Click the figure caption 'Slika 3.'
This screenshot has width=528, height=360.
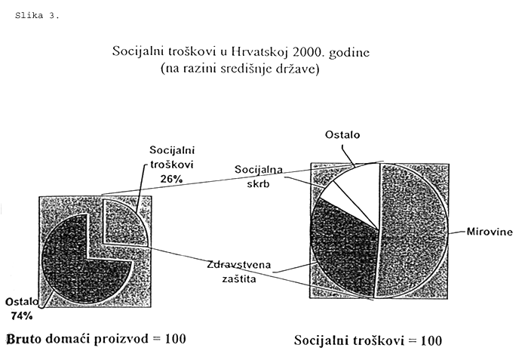point(37,16)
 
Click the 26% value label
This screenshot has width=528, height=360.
point(171,179)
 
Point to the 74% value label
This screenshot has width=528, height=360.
point(22,315)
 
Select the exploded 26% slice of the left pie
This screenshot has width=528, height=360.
point(123,223)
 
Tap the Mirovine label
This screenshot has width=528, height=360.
point(490,232)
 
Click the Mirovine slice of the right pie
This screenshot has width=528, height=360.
point(413,231)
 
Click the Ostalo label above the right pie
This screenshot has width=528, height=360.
point(342,135)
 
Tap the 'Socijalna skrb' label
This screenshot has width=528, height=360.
point(259,177)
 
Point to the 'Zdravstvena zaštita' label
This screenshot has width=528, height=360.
point(239,272)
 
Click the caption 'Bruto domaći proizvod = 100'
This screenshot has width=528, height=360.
point(97,339)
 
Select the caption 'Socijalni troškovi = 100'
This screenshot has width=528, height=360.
point(368,340)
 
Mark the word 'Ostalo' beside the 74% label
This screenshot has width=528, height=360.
point(22,302)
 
